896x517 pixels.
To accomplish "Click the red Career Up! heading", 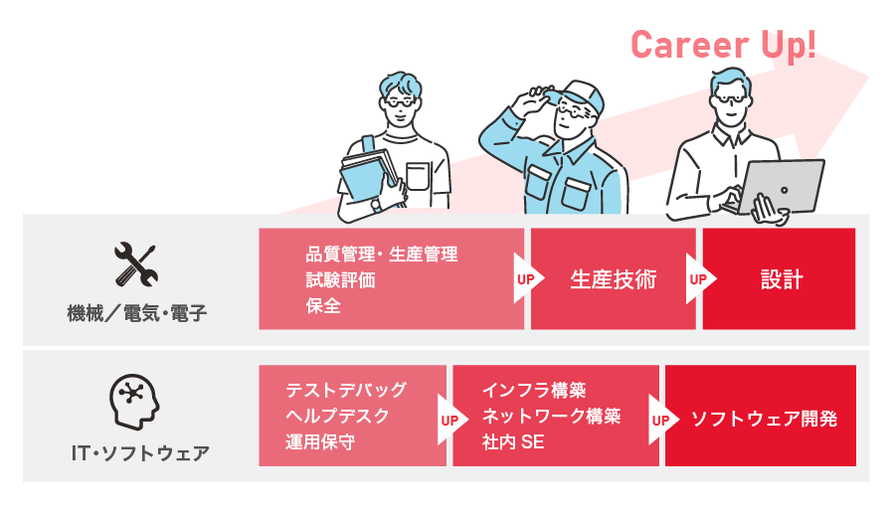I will point(723,45).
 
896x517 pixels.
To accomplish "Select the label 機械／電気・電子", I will point(137,314).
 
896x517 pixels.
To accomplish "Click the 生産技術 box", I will point(613,279).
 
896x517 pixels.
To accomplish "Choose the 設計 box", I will point(780,279).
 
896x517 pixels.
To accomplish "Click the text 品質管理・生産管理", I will point(382,255).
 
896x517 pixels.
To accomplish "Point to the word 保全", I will point(323,306).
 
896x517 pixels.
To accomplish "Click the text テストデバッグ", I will point(345,390).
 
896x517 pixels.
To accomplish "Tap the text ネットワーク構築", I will point(551,416).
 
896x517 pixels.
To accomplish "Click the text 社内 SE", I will point(512,442).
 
